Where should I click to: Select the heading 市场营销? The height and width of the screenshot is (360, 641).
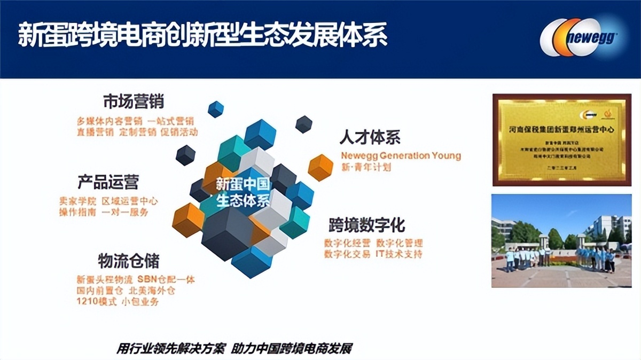point(133,101)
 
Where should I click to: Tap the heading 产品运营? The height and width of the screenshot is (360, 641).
point(108,182)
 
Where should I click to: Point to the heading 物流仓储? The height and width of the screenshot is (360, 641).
point(128,261)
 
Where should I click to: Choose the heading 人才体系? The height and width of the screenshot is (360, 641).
point(370,137)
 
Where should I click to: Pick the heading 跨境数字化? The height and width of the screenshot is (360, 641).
point(368,225)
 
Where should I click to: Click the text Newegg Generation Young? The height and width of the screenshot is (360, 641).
point(400,156)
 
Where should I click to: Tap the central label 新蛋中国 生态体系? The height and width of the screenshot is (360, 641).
point(243,193)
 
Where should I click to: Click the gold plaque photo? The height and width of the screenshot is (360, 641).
point(561,140)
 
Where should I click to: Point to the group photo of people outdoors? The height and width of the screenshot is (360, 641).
point(561,241)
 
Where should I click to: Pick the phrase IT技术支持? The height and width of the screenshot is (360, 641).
point(398,254)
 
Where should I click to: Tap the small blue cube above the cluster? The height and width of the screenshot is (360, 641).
point(216,109)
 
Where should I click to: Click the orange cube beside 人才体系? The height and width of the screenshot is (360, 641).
point(320,167)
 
